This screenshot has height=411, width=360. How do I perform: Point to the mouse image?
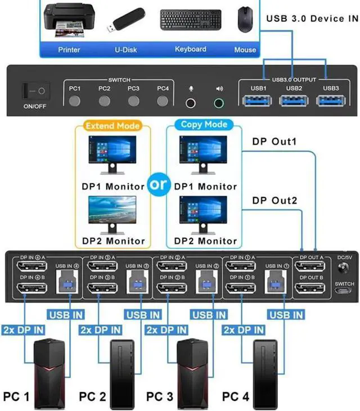point(244,19)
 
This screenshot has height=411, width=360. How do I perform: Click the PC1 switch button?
point(75,101)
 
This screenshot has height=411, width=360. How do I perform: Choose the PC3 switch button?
point(133,101)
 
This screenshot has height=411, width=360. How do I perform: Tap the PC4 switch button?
point(163,101)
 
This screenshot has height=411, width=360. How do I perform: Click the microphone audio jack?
point(191,103)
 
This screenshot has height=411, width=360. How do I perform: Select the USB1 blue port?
point(259,101)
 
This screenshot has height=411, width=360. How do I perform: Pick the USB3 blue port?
point(331,101)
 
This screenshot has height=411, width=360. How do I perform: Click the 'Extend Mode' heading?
point(112,126)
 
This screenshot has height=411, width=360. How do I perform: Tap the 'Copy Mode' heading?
point(204,124)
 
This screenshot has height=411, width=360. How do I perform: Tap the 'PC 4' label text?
point(236,396)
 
